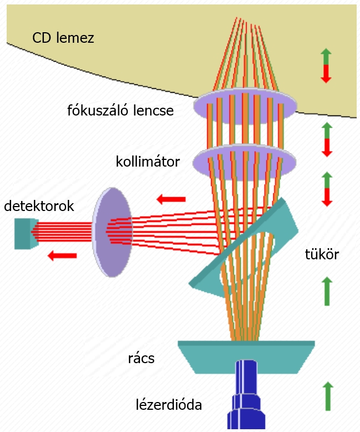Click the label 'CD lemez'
pos(63,38)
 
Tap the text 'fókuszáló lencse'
pos(121,110)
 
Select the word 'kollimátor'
pos(148,162)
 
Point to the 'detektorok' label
pos(39,206)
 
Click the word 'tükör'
pos(322,255)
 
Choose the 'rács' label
pos(141,358)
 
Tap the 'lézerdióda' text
pos(169,405)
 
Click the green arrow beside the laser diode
pos(327,396)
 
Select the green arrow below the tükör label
pos(327,290)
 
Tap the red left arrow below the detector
pos(62,255)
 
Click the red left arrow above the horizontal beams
pos(171,198)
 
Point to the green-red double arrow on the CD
pos(326,66)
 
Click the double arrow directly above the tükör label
pos(327,189)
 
